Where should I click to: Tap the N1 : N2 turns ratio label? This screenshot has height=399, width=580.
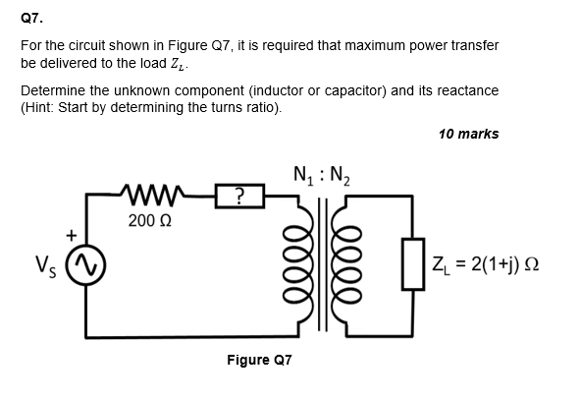(320, 178)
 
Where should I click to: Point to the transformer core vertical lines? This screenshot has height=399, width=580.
(320, 262)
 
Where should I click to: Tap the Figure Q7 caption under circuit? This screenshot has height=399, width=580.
(259, 360)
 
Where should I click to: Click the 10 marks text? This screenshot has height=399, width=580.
(468, 134)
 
